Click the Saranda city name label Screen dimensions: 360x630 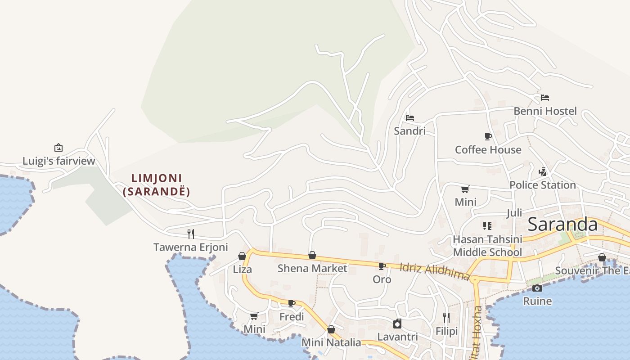562,224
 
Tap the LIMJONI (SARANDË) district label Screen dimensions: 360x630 157,185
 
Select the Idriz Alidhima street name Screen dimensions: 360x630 434,271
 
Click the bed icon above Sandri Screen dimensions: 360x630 409,118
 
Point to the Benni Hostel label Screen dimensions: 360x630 545,111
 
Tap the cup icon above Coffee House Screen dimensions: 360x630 488,136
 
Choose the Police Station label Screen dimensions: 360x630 542,185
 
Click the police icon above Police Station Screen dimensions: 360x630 543,171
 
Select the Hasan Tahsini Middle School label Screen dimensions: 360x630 487,246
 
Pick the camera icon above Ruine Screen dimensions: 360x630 537,288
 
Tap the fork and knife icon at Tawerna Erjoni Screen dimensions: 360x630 191,234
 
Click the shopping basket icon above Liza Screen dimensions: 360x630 242,256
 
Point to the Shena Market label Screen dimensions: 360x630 312,269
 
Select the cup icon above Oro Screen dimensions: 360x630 382,266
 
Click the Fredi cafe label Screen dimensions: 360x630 292,316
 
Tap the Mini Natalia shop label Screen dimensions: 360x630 331,342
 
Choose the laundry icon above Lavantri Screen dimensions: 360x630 397,324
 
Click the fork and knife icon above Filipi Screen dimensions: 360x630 446,318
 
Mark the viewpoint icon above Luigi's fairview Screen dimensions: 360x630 58,148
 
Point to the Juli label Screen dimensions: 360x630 514,213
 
